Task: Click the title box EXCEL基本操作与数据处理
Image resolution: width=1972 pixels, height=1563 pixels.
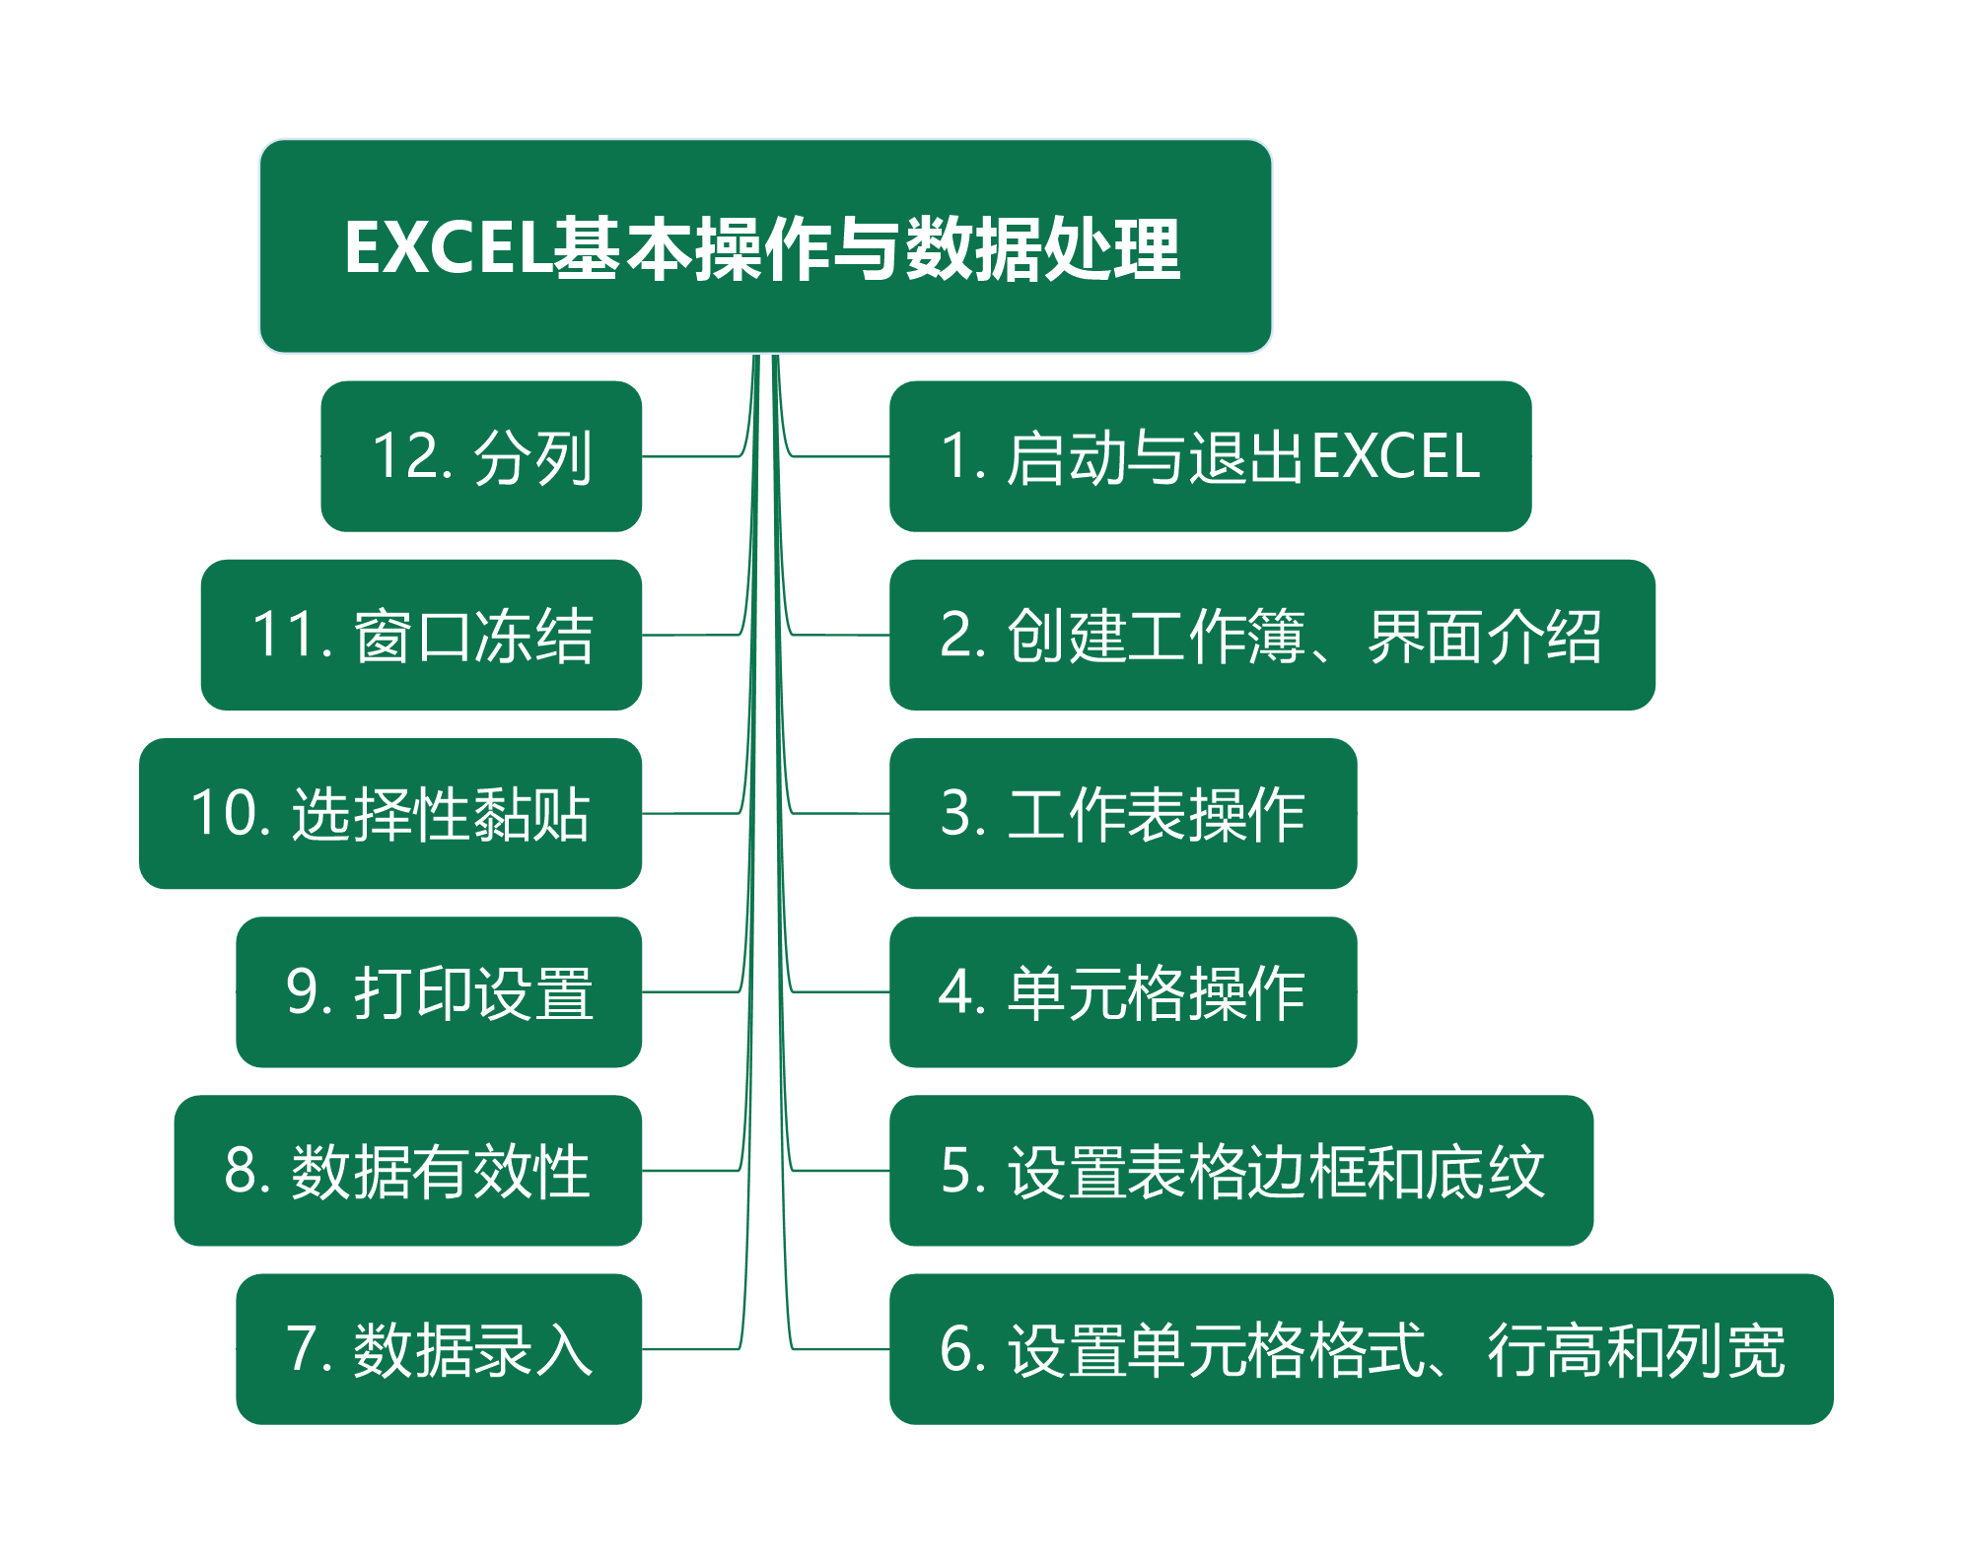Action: (765, 246)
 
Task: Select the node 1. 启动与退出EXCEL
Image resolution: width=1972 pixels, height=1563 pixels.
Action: (1210, 456)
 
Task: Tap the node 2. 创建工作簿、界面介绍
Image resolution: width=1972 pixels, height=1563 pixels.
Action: (1272, 635)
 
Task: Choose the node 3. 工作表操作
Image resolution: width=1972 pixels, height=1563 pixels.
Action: (1123, 813)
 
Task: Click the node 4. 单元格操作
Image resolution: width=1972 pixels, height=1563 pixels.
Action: (1123, 991)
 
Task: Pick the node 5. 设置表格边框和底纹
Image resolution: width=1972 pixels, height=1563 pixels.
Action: (1240, 1171)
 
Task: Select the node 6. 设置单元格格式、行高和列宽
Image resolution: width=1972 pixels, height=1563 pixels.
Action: (1361, 1349)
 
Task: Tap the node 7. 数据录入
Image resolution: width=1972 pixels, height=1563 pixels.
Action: (439, 1349)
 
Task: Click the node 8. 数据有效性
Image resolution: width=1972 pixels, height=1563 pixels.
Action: (407, 1171)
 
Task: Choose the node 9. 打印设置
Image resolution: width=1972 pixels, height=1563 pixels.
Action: (439, 991)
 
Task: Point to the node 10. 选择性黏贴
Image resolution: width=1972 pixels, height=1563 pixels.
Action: (390, 813)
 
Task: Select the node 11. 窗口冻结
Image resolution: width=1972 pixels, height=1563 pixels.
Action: (421, 635)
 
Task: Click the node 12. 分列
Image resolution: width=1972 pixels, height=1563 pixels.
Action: (481, 456)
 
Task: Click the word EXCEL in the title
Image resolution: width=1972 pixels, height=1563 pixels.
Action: (447, 247)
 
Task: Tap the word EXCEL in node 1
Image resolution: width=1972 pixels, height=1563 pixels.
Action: (1395, 456)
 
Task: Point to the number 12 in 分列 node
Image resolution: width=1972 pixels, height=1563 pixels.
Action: (404, 456)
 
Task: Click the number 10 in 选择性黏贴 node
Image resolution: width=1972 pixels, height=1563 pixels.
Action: (222, 813)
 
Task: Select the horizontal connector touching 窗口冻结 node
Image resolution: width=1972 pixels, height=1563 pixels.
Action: (690, 635)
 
